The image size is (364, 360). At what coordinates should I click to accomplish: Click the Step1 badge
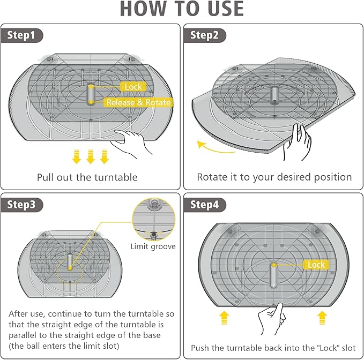(x=21, y=35)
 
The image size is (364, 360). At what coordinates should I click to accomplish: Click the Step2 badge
(x=205, y=35)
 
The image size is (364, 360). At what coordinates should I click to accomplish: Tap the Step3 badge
(x=21, y=205)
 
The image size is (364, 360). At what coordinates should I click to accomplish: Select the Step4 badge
(x=205, y=205)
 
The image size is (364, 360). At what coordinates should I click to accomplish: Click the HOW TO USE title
(x=182, y=9)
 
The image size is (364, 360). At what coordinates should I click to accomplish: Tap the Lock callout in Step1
(x=133, y=87)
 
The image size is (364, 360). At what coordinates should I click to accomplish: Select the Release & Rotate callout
(x=139, y=102)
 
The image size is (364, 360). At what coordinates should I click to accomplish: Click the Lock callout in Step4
(x=316, y=265)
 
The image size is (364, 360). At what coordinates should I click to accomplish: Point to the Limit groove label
(x=153, y=246)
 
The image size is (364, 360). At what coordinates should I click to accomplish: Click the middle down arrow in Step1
(x=91, y=156)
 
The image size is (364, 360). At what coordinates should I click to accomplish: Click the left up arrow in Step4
(x=224, y=318)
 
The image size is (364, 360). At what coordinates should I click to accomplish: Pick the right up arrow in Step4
(x=322, y=318)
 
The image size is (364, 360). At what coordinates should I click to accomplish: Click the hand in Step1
(x=131, y=143)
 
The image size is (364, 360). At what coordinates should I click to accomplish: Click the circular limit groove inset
(x=154, y=219)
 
